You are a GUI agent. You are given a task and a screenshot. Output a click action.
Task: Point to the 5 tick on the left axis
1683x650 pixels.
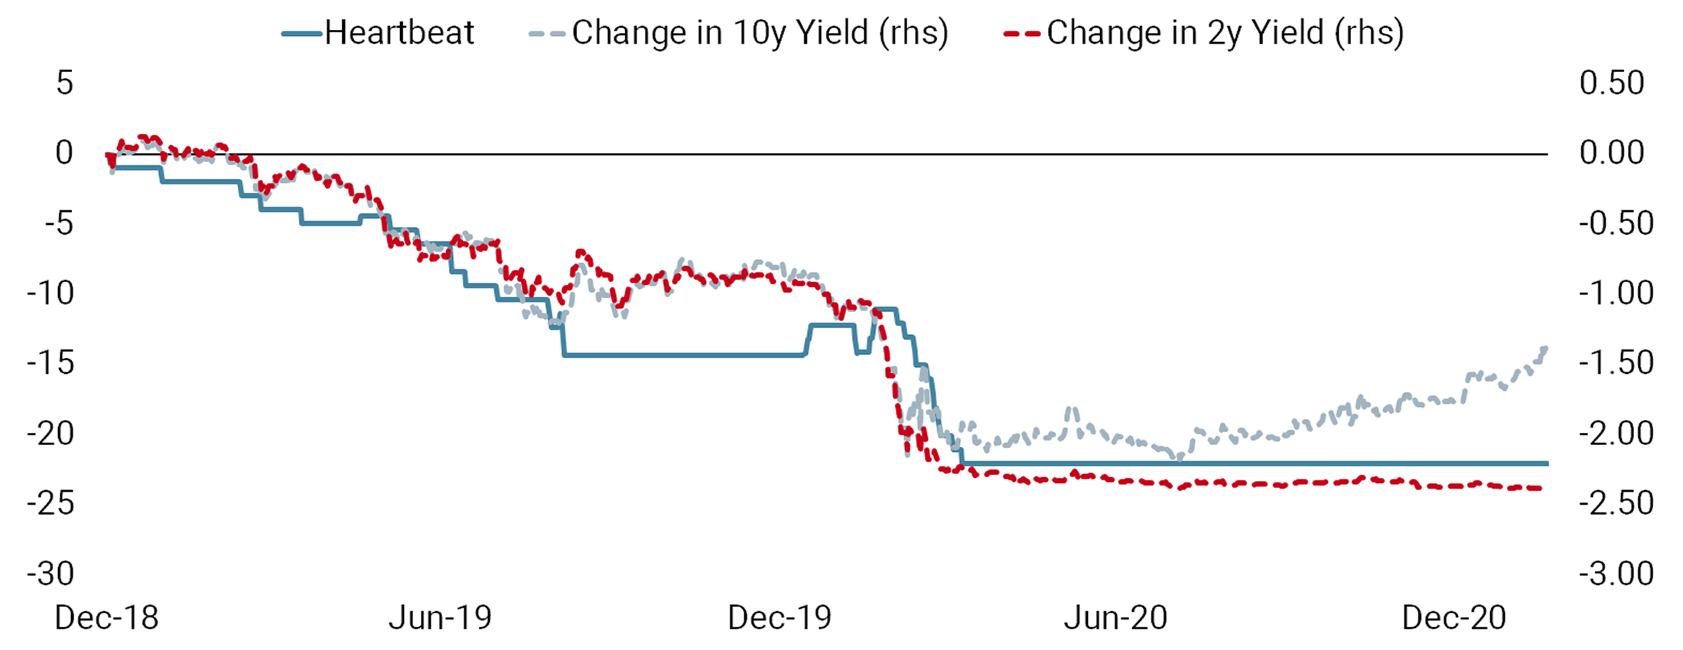pyautogui.click(x=64, y=83)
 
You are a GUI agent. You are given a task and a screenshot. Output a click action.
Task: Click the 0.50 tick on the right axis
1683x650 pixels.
pyautogui.click(x=1612, y=83)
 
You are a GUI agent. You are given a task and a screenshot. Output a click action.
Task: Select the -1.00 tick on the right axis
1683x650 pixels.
pyautogui.click(x=1616, y=293)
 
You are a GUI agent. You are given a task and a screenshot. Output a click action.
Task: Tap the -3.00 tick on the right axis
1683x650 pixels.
pyautogui.click(x=1616, y=574)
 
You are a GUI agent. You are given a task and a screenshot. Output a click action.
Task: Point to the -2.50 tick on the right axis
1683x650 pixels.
pyautogui.click(x=1616, y=503)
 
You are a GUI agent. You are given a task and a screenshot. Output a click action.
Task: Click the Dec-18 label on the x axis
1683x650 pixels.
pyautogui.click(x=106, y=618)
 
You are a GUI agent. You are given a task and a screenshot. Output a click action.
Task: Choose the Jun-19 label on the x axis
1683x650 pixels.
pyautogui.click(x=440, y=618)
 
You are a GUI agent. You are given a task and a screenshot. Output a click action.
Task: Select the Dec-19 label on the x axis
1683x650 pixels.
pyautogui.click(x=779, y=618)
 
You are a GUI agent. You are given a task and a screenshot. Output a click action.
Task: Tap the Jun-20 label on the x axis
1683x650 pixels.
pyautogui.click(x=1115, y=618)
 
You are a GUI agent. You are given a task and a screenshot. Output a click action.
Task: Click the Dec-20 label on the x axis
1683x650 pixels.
pyautogui.click(x=1453, y=618)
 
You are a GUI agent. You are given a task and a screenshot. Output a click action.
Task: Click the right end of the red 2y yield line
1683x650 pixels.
pyautogui.click(x=1541, y=488)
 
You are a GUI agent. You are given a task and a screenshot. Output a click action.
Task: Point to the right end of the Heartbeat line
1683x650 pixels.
pyautogui.click(x=1547, y=463)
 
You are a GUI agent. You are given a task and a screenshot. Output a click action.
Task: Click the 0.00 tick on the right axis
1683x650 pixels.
pyautogui.click(x=1612, y=153)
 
